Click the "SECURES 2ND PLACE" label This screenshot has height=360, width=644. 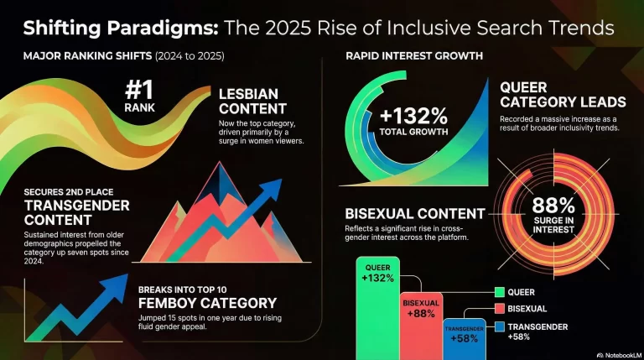tap(65, 192)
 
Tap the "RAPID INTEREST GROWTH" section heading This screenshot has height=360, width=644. tap(414, 57)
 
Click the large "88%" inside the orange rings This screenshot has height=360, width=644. tap(554, 204)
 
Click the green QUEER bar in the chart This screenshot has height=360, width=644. tap(377, 310)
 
